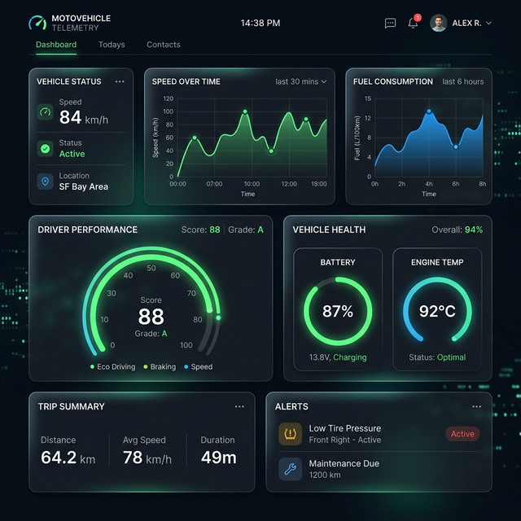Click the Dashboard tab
click(x=56, y=45)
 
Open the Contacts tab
click(x=164, y=45)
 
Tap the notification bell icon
click(x=413, y=24)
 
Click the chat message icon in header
click(x=390, y=24)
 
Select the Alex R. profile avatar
click(x=439, y=24)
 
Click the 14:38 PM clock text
click(x=260, y=24)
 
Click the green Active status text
click(x=72, y=154)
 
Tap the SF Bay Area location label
click(x=83, y=187)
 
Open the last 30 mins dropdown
click(x=300, y=81)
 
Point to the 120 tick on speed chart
click(x=169, y=99)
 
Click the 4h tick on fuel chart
click(x=428, y=184)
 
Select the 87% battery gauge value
click(x=338, y=312)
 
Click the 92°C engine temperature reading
click(x=437, y=312)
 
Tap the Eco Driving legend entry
click(x=113, y=367)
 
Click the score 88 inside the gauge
click(x=151, y=317)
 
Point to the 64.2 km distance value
click(x=68, y=458)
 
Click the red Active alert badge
click(x=462, y=434)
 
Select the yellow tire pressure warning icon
click(x=291, y=434)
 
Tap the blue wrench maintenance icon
click(x=291, y=469)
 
